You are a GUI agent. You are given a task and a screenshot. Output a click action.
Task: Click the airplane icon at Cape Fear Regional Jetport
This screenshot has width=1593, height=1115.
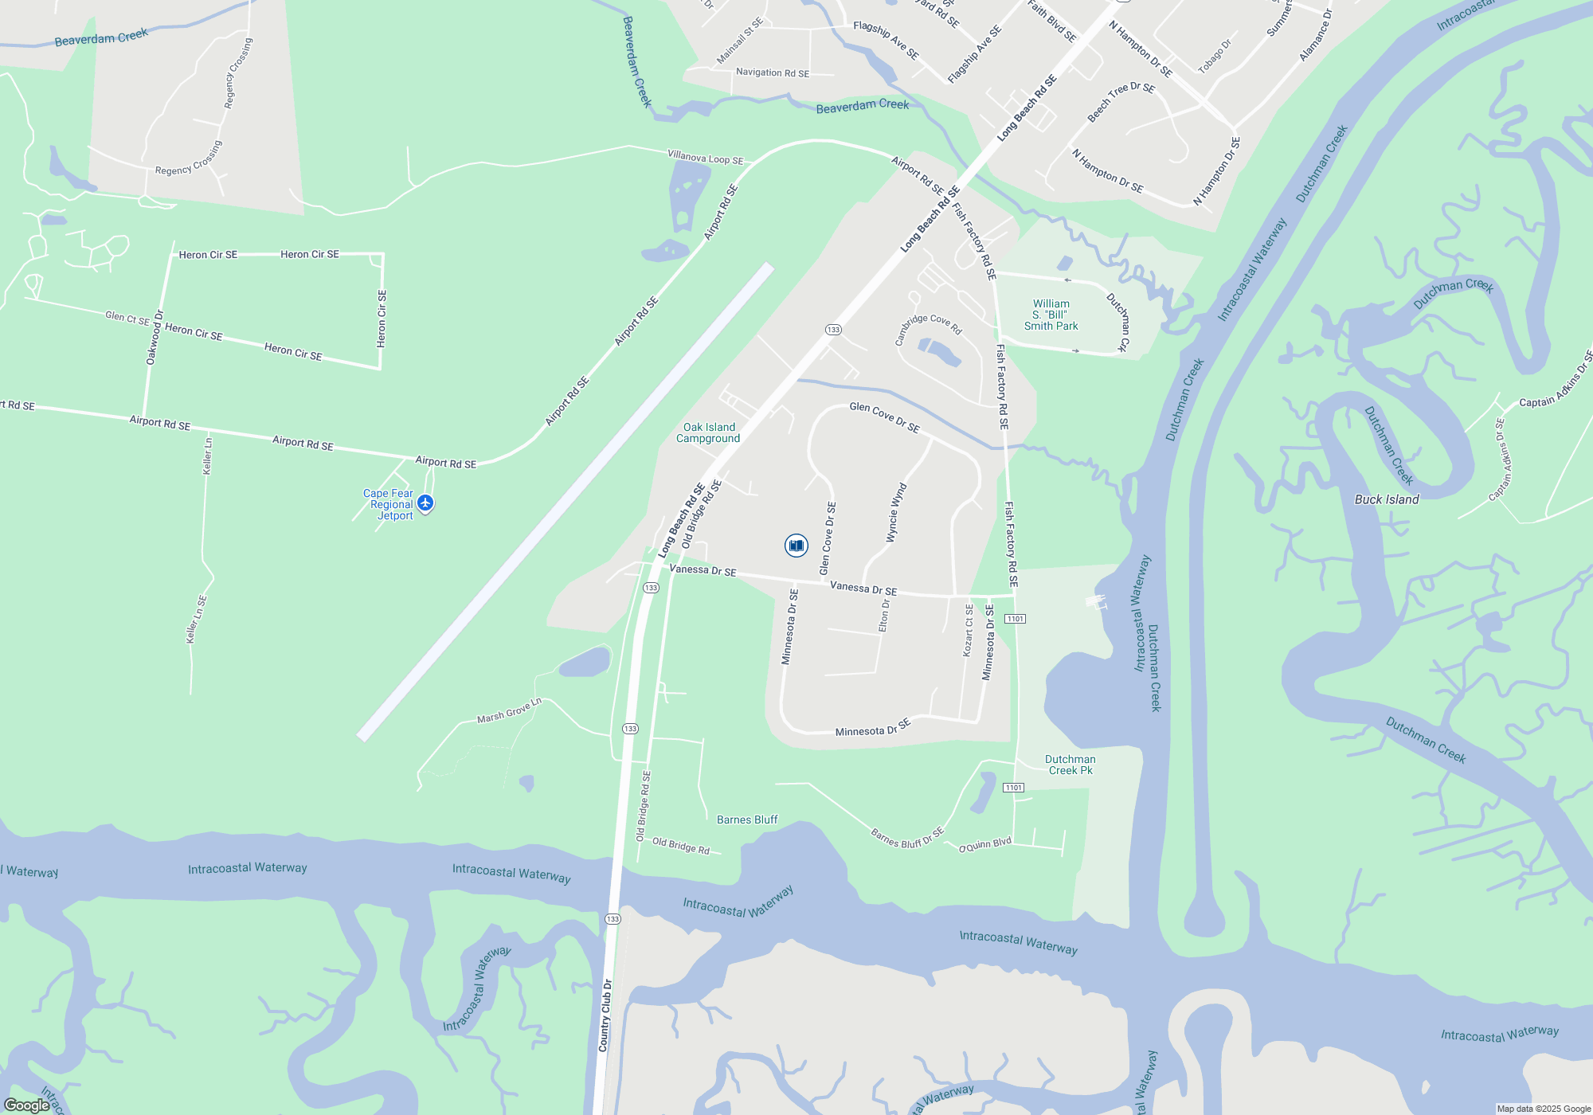click(x=425, y=503)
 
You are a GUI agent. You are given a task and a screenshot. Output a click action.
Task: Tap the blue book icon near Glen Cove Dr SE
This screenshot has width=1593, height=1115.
click(x=796, y=546)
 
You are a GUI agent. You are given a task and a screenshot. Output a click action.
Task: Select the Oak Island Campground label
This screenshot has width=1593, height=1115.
click(x=708, y=432)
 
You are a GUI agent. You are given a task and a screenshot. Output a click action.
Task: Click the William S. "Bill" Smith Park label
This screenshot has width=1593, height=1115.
click(x=1051, y=315)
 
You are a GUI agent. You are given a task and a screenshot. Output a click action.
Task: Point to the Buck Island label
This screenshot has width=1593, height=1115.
click(x=1387, y=499)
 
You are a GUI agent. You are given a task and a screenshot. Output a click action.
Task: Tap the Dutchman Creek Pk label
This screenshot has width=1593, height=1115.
click(x=1070, y=765)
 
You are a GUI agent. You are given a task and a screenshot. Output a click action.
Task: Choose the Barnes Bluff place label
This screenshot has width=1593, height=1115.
click(x=746, y=820)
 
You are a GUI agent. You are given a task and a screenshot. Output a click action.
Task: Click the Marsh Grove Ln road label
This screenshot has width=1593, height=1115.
click(x=509, y=711)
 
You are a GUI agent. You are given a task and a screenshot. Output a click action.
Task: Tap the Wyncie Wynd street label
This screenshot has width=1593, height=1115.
click(x=897, y=513)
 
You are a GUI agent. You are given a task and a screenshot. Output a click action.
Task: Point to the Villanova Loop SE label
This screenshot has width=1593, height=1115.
click(x=705, y=158)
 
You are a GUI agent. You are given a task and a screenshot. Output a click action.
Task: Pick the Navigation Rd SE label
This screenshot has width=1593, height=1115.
click(x=772, y=72)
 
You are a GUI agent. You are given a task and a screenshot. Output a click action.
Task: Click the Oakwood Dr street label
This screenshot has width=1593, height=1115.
click(x=155, y=338)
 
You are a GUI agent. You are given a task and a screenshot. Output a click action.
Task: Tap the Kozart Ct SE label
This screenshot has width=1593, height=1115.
click(x=969, y=630)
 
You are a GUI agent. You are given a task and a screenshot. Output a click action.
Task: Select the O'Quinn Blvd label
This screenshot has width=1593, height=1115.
click(x=984, y=845)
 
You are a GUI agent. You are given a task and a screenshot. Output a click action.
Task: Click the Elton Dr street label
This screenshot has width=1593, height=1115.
click(x=884, y=616)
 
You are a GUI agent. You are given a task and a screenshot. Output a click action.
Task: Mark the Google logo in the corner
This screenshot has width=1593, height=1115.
click(x=26, y=1105)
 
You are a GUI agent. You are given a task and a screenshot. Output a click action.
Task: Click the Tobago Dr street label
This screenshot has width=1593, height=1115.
click(x=1215, y=57)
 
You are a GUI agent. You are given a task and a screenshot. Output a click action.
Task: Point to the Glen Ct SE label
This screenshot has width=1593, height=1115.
click(x=127, y=318)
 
